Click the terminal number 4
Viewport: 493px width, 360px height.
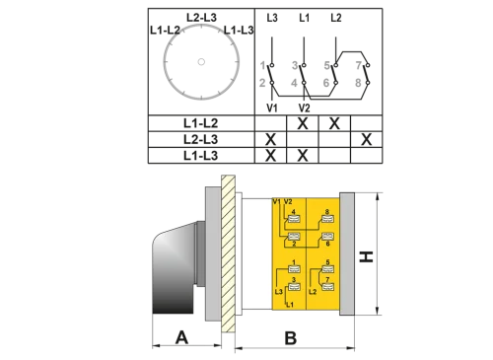pyautogui.click(x=293, y=212)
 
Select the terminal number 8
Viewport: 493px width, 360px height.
pyautogui.click(x=326, y=212)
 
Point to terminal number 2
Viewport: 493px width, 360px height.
pyautogui.click(x=293, y=243)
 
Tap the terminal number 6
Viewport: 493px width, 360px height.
pyautogui.click(x=326, y=243)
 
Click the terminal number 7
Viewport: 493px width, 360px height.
pyautogui.click(x=326, y=281)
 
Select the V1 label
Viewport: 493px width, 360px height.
pyautogui.click(x=277, y=202)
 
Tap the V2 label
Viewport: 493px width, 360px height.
pyautogui.click(x=289, y=202)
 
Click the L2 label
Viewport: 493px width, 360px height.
pyautogui.click(x=313, y=292)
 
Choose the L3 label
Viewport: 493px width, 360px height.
pyautogui.click(x=279, y=292)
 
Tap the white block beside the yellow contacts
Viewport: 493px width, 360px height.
pyautogui.click(x=256, y=252)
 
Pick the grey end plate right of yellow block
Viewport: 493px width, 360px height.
pyautogui.click(x=346, y=252)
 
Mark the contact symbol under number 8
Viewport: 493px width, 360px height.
pyautogui.click(x=326, y=222)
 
